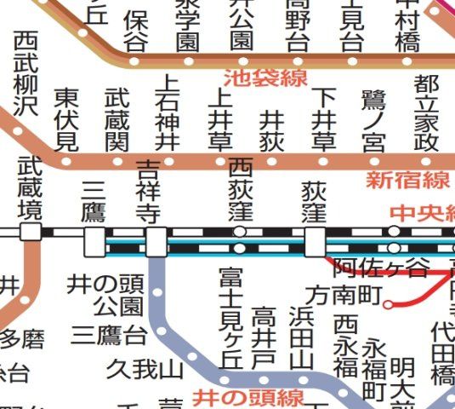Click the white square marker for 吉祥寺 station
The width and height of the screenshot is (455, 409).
click(156, 241)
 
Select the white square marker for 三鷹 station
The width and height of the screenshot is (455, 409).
click(94, 241)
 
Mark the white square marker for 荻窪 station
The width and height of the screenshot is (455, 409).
click(315, 241)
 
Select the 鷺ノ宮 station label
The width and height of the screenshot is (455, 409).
click(373, 119)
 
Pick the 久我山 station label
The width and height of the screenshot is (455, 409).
click(145, 369)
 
